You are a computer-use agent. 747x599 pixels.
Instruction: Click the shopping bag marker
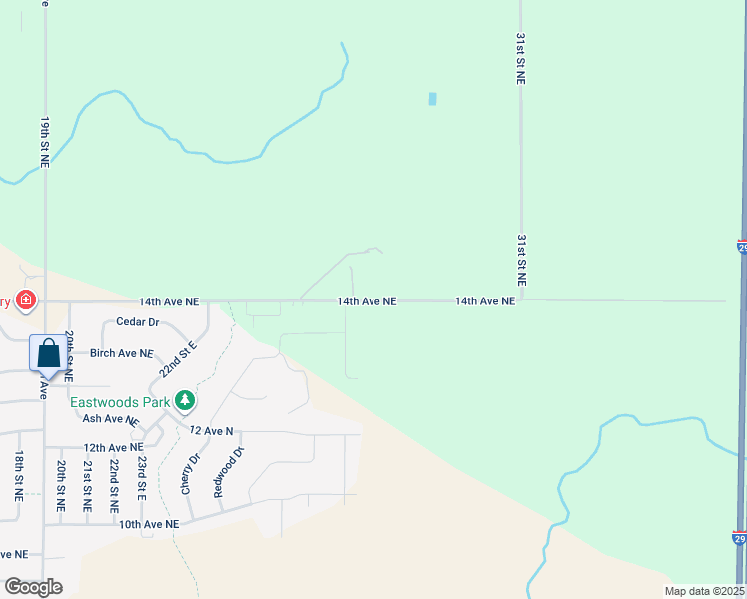click(x=47, y=353)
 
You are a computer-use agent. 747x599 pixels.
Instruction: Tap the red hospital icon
click(x=25, y=299)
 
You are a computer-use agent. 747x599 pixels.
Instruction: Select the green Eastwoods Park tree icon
click(x=184, y=401)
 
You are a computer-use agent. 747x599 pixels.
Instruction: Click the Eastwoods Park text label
click(x=120, y=402)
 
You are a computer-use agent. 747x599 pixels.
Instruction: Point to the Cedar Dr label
click(x=138, y=322)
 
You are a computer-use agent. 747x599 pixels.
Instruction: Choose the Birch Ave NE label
click(x=121, y=353)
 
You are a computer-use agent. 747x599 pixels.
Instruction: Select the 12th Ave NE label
click(x=113, y=448)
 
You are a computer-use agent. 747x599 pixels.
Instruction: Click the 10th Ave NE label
click(x=149, y=524)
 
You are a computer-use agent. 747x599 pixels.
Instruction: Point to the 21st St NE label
click(x=87, y=486)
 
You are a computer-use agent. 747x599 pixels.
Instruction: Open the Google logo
click(x=33, y=586)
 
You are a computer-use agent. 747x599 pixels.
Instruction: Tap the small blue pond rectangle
click(x=432, y=99)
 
